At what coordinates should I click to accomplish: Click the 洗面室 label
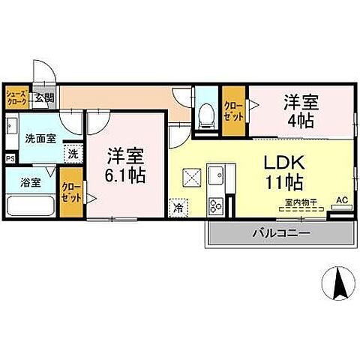click(x=36, y=139)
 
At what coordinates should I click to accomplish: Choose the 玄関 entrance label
click(x=44, y=97)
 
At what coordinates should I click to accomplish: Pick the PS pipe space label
click(x=10, y=159)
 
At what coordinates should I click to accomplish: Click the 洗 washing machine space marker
click(x=73, y=153)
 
